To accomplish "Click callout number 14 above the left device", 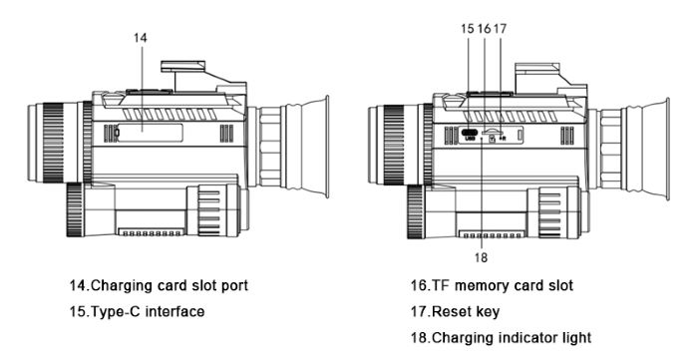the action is click(x=141, y=38).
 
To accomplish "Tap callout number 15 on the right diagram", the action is click(x=468, y=29).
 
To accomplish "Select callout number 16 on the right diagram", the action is click(x=484, y=29).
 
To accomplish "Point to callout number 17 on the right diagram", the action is click(x=500, y=29).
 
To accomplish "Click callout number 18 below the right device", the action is click(x=482, y=257).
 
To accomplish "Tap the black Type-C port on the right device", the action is click(x=469, y=133).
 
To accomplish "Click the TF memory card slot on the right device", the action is click(x=492, y=133).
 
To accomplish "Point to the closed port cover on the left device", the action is click(x=150, y=133).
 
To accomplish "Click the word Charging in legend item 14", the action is click(x=121, y=285).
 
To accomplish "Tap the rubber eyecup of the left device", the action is click(x=315, y=147).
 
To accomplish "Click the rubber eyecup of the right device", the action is click(x=655, y=149).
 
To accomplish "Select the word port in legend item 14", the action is click(x=234, y=286).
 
